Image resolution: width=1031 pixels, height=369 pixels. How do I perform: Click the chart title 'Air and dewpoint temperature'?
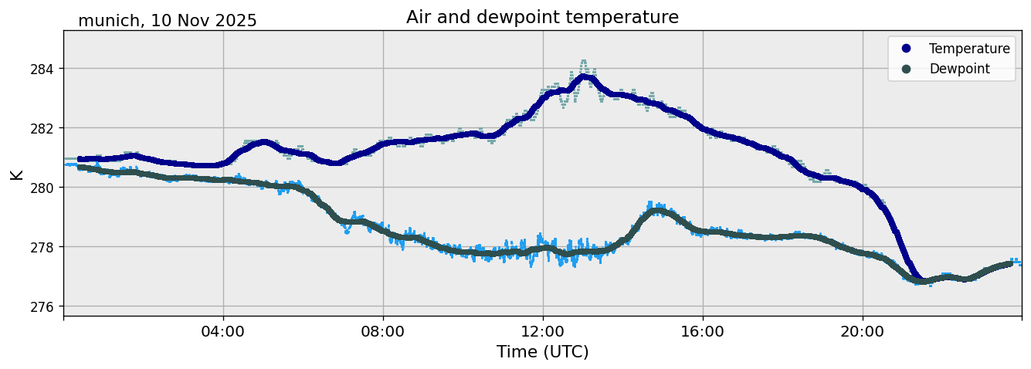[542, 17]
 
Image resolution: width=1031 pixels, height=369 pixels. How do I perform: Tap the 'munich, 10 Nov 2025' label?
[168, 21]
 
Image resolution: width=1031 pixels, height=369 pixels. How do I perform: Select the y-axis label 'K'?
[17, 174]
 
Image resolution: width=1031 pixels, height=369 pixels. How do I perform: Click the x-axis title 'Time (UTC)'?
[542, 352]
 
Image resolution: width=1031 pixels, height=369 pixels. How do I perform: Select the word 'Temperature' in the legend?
[969, 49]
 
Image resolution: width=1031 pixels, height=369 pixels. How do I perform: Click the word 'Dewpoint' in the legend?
[959, 69]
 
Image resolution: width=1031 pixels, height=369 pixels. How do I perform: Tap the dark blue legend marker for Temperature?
[906, 49]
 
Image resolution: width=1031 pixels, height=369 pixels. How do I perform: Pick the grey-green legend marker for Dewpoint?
[906, 69]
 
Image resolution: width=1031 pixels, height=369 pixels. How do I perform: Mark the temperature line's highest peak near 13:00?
[585, 76]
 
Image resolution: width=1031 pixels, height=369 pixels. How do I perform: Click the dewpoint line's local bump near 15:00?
[656, 211]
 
